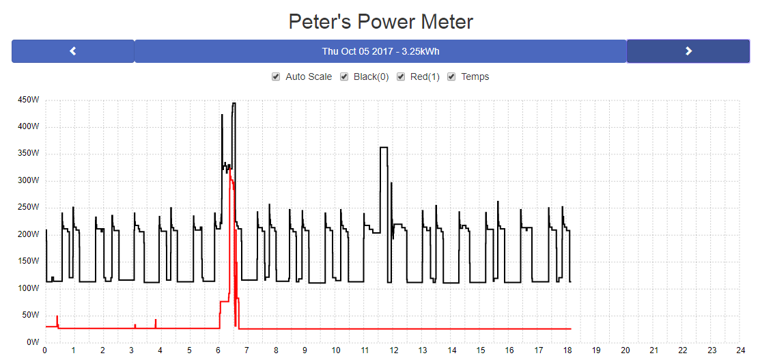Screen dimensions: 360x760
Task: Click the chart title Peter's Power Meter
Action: [380, 21]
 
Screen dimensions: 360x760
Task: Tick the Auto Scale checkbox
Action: [276, 77]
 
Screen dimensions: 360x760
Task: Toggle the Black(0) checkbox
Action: [344, 77]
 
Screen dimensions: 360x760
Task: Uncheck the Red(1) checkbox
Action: [401, 77]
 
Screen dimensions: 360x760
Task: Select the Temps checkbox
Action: [451, 77]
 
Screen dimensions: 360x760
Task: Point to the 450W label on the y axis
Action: [29, 100]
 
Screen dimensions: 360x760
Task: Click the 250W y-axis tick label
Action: [29, 208]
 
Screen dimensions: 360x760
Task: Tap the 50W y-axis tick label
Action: [31, 315]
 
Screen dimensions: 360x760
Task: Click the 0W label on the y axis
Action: [33, 342]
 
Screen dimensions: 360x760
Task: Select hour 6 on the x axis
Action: [218, 350]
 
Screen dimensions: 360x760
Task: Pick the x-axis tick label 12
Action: [393, 350]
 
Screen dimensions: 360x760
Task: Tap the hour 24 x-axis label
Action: [741, 350]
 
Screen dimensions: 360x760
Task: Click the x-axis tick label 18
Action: [567, 350]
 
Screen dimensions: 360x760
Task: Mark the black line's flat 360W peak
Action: [384, 148]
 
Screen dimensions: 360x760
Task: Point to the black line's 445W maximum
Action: [234, 104]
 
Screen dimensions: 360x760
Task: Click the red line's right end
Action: [570, 329]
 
